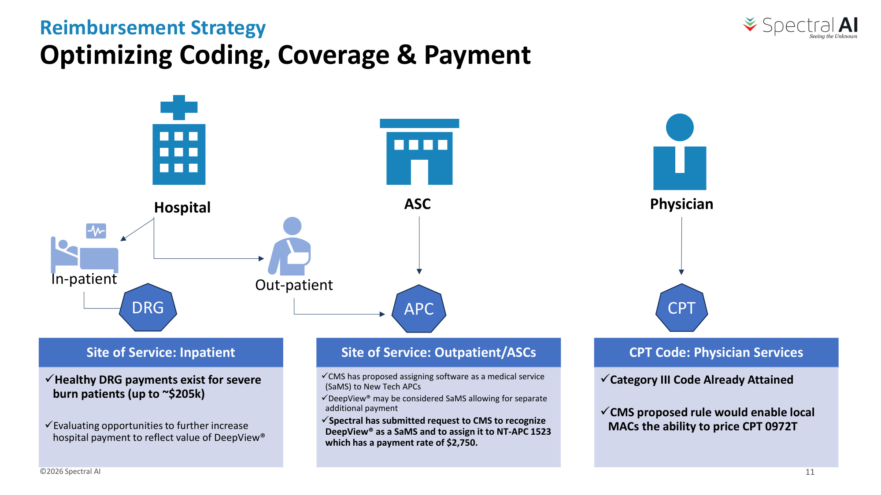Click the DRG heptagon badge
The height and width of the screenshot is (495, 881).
point(148,308)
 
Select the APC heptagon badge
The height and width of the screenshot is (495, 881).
point(419,309)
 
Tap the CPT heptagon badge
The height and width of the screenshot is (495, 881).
point(681,308)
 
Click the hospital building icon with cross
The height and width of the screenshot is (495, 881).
point(179,140)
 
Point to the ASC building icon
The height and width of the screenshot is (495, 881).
point(419,152)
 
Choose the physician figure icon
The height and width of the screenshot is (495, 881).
point(680,152)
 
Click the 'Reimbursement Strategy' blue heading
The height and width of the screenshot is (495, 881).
point(153,27)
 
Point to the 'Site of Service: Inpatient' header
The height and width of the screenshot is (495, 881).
point(161,352)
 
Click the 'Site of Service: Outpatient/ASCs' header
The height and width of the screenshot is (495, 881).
point(438,352)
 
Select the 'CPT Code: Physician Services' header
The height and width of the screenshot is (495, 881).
point(716,352)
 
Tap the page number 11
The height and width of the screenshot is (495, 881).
point(810,472)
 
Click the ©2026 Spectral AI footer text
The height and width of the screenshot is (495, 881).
point(70,471)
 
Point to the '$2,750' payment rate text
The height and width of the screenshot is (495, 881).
point(462,443)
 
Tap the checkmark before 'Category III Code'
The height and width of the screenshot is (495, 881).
point(605,378)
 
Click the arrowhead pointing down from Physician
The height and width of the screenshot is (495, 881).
point(681,272)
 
